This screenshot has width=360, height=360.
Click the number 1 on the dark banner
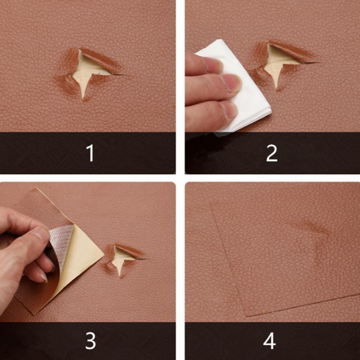coord(90,153)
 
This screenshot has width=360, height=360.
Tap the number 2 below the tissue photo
coord(271,153)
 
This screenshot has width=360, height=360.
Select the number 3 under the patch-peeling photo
coord(90,341)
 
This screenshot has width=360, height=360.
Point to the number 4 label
coord(269,341)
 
